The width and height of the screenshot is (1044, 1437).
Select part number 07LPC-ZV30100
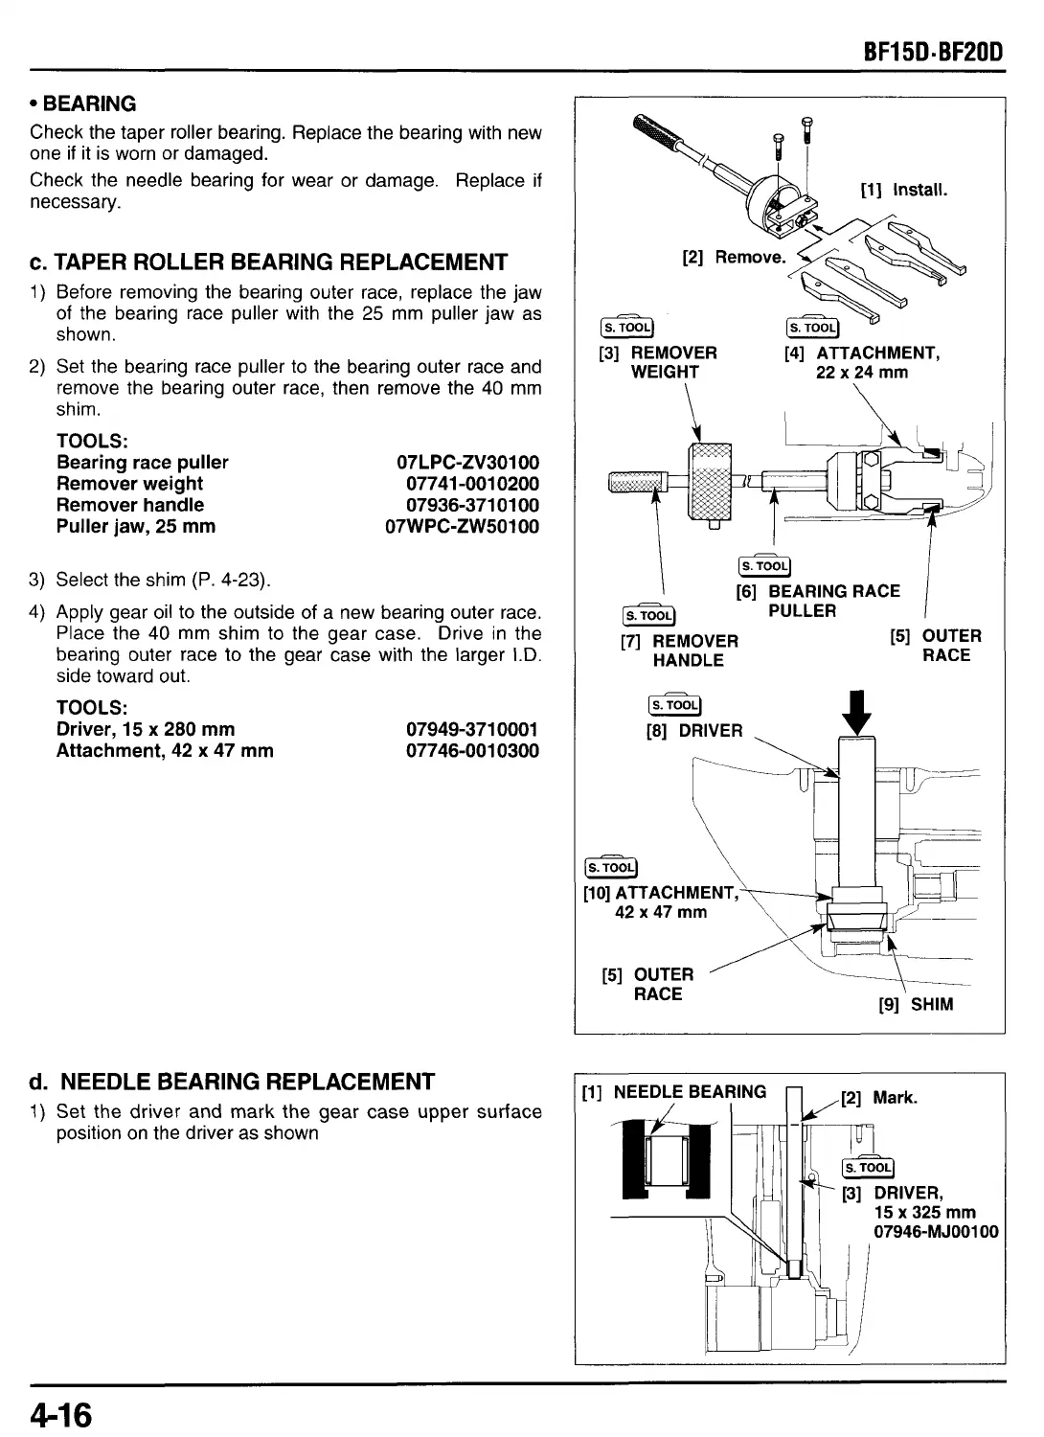[467, 463]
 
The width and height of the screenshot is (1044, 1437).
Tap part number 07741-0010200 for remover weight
[472, 484]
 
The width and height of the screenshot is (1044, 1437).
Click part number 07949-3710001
[472, 730]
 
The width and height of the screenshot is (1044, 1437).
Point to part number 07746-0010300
[472, 751]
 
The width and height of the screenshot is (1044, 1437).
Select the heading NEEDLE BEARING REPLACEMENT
[247, 1083]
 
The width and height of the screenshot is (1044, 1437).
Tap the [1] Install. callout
[904, 190]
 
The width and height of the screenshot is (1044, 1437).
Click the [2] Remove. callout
[733, 257]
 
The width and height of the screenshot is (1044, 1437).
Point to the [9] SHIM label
[916, 1005]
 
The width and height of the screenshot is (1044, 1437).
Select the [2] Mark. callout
[878, 1098]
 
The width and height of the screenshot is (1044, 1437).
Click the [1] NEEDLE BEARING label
[674, 1091]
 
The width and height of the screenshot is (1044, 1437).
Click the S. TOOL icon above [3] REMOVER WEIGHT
[624, 327]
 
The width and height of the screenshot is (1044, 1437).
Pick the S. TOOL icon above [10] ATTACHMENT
[610, 868]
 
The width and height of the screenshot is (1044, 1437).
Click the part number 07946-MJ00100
[936, 1232]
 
